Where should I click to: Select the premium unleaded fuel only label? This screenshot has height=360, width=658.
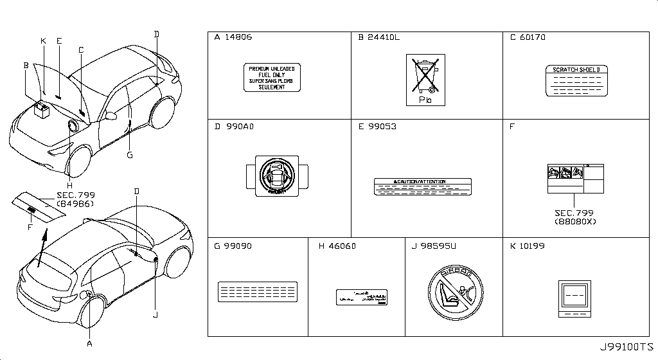point(272,78)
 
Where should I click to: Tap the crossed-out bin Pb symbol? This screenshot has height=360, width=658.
point(425,80)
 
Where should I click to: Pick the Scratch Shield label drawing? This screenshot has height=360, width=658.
point(576,81)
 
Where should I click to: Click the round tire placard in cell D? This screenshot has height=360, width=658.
point(277,174)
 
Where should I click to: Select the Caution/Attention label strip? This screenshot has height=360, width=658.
point(422,186)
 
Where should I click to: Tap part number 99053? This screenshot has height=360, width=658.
point(382,127)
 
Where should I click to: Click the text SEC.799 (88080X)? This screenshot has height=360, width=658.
point(575,217)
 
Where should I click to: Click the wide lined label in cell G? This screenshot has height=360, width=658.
point(258,291)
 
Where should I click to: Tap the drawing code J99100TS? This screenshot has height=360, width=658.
point(627,348)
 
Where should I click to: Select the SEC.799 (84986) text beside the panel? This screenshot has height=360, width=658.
point(75,199)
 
